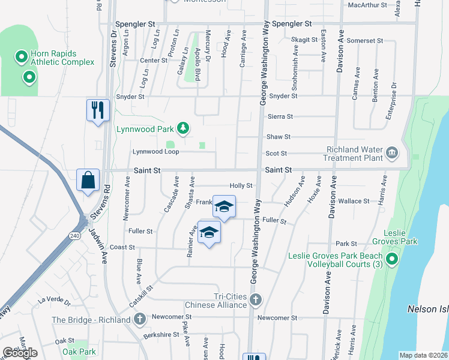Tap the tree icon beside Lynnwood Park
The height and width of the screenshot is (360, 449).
click(184, 128)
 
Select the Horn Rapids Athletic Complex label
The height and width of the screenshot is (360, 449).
click(62, 58)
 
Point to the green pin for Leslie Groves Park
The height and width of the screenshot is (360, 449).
click(391, 259)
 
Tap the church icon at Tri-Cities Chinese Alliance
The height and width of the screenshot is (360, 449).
click(256, 299)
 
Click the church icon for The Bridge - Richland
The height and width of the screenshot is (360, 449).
click(140, 319)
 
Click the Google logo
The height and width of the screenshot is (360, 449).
click(20, 353)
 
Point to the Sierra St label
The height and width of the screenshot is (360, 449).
click(280, 116)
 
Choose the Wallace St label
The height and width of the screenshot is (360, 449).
click(352, 202)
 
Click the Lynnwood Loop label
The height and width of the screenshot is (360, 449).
click(155, 152)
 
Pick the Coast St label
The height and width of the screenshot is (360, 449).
click(122, 247)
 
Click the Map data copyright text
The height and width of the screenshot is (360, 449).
click(424, 355)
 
